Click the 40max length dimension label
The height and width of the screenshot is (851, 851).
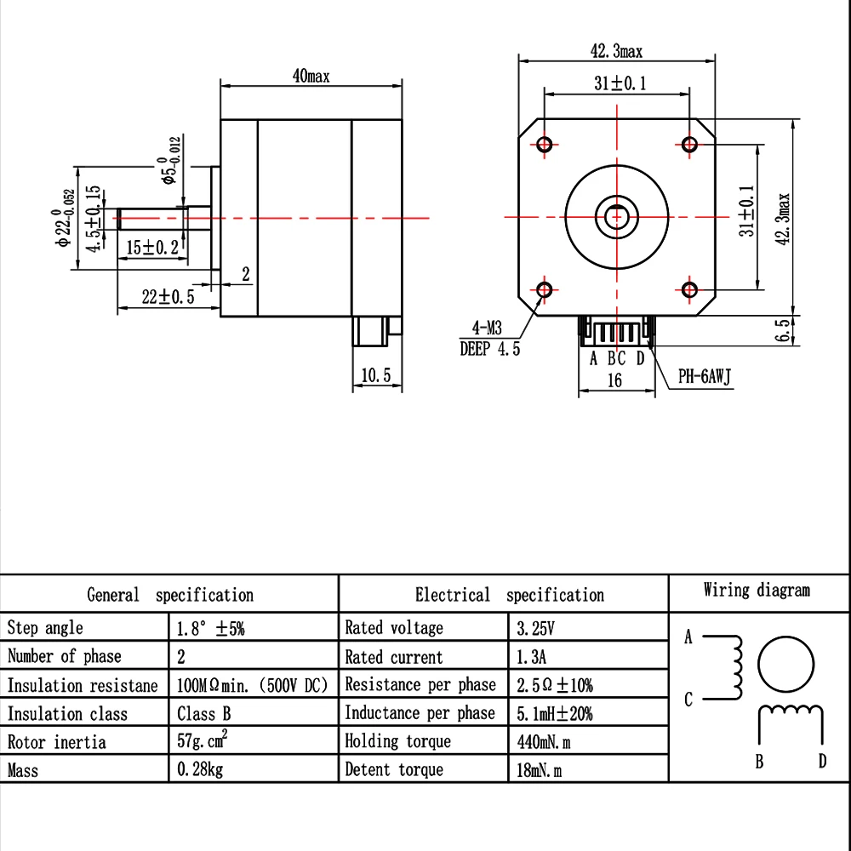coord(311,76)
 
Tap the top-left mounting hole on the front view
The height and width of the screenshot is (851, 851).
coord(545,144)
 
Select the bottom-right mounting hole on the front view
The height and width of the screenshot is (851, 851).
coord(689,291)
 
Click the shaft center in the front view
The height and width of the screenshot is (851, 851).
coord(618,216)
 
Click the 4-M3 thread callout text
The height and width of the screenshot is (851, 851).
coord(488,328)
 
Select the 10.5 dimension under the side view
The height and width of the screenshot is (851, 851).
coord(375,374)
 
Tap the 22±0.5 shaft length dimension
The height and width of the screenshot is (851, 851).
coord(168,297)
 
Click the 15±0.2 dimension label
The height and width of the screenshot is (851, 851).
coord(154,248)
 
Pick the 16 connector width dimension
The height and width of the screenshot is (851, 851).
coord(614,380)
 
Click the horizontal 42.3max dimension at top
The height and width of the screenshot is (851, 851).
coord(617,52)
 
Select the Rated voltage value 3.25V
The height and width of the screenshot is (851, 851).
coord(535,629)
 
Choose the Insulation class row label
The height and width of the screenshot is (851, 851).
coord(67,714)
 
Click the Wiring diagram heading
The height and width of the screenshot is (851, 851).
coord(757,591)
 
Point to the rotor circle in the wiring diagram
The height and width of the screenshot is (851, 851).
coord(785,665)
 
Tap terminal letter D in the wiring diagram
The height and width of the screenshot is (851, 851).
coord(822,762)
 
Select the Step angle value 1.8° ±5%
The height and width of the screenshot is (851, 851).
coord(210,629)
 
